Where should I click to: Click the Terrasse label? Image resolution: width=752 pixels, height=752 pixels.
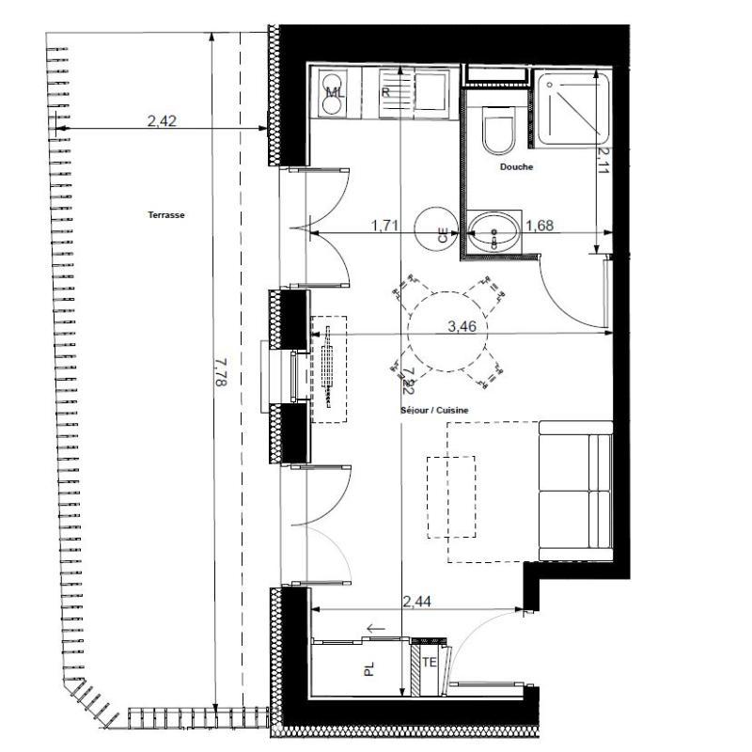(166, 214)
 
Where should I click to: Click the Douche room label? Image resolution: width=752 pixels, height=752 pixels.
(517, 167)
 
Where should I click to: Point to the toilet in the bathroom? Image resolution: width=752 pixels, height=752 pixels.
(497, 133)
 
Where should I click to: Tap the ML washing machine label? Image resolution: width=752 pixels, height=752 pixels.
(334, 93)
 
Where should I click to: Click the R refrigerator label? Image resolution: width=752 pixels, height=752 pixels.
(385, 93)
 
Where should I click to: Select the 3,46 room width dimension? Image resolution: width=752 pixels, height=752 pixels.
(463, 326)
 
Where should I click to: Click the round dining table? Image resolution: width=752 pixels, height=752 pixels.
(446, 334)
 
